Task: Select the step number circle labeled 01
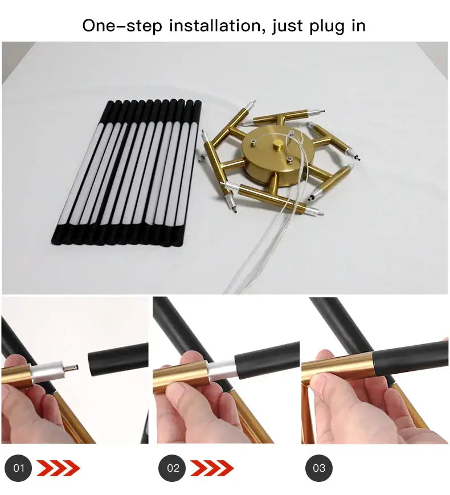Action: tap(18, 468)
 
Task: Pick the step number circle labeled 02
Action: tap(172, 468)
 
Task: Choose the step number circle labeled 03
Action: tap(319, 468)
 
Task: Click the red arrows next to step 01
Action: tap(58, 468)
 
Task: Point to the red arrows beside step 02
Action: tap(212, 468)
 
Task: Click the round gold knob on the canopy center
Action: tap(279, 145)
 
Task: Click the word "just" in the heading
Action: tap(286, 27)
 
